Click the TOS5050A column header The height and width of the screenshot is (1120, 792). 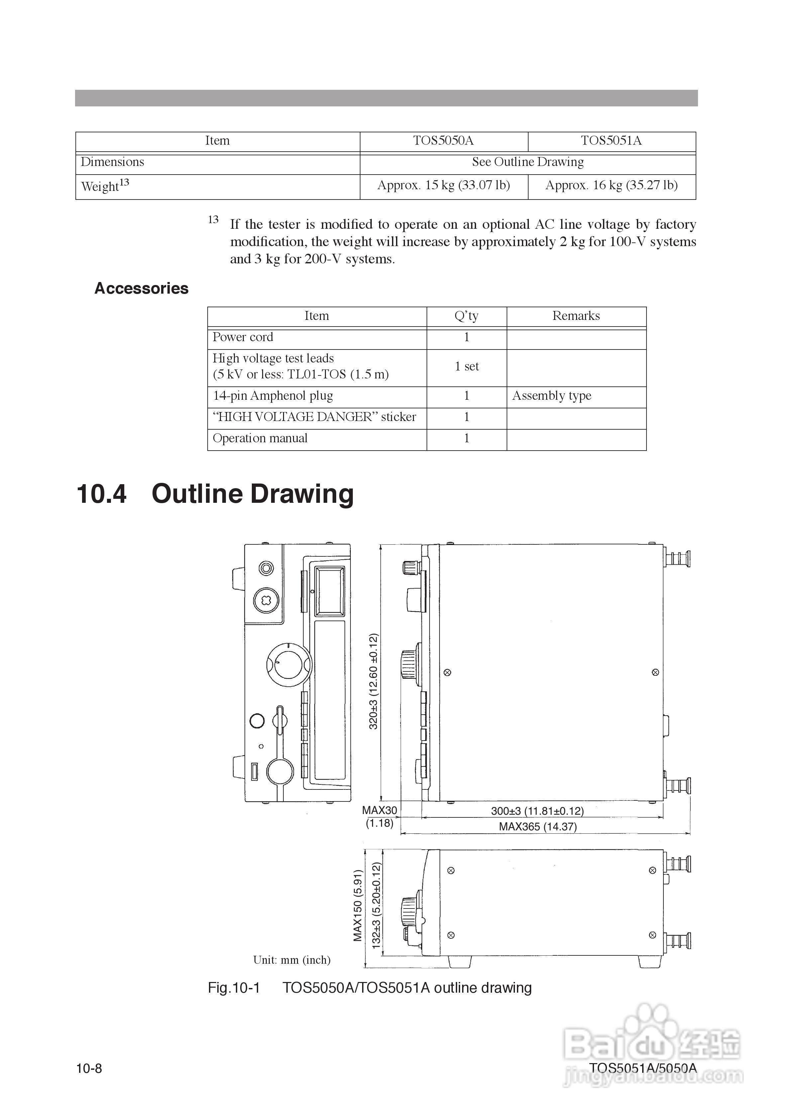click(443, 141)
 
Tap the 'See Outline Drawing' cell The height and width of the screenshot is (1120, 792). click(528, 162)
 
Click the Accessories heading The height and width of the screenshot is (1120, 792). click(142, 288)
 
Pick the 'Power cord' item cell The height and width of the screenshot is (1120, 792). click(243, 337)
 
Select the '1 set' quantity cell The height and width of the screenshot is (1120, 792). click(467, 366)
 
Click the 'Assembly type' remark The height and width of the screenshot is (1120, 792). click(551, 396)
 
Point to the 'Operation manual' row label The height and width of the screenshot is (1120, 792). click(260, 438)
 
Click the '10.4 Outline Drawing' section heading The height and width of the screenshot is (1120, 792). click(215, 494)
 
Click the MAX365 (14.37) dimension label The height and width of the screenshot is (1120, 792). click(538, 827)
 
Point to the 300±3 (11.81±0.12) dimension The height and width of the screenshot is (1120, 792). click(537, 811)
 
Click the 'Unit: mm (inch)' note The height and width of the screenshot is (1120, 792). click(292, 960)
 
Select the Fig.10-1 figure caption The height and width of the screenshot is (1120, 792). click(370, 988)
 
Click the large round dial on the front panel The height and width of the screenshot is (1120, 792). click(289, 665)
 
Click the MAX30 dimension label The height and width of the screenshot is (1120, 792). click(379, 810)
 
